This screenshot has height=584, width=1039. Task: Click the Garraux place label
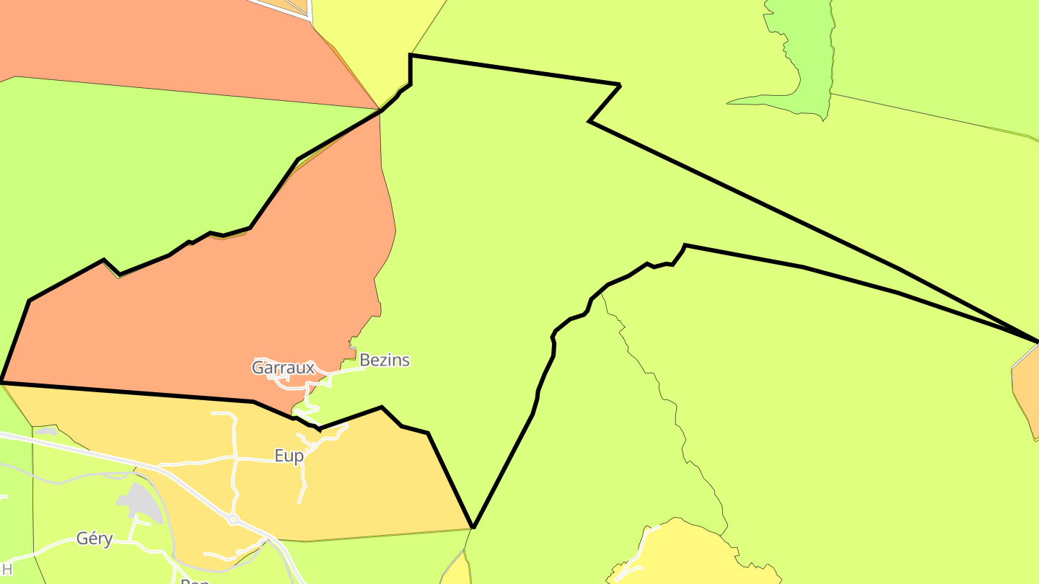click(283, 368)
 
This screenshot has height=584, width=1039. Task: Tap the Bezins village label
click(384, 360)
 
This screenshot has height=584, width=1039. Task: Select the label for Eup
click(289, 456)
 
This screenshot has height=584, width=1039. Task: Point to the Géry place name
click(95, 539)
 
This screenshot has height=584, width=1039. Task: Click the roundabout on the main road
click(233, 519)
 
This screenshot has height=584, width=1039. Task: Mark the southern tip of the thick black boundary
click(473, 527)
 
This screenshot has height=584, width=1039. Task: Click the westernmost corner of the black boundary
click(2, 381)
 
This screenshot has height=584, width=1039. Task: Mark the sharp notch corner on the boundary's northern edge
click(590, 121)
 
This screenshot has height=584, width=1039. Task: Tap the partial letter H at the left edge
click(6, 570)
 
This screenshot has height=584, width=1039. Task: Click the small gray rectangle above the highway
click(45, 431)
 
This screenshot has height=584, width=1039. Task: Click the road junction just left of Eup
click(235, 458)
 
